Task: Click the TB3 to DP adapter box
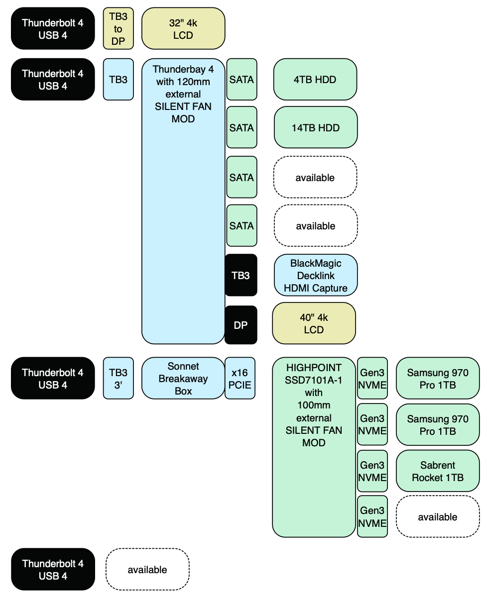tap(119, 29)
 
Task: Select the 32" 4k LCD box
tap(183, 29)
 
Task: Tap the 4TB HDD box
tap(315, 80)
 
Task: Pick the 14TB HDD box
tap(316, 128)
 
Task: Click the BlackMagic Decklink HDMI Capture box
tap(315, 275)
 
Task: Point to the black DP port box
tap(241, 325)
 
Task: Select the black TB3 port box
tap(241, 275)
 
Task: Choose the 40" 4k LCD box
tap(314, 323)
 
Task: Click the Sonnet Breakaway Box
tap(183, 378)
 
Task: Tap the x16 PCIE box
tap(240, 378)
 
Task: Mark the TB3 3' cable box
tap(119, 378)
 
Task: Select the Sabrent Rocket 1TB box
tap(438, 471)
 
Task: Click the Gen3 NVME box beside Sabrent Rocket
tap(372, 471)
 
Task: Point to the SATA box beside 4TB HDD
tap(242, 80)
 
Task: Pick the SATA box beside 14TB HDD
tap(242, 128)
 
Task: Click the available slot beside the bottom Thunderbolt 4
tap(147, 570)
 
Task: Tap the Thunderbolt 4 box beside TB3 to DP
tap(53, 29)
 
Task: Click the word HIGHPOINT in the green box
tap(314, 368)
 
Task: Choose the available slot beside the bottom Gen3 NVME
tap(438, 517)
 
